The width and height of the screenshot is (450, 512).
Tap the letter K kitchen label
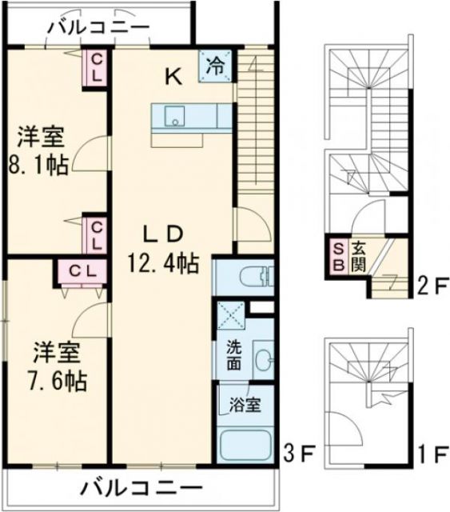[x=173, y=77]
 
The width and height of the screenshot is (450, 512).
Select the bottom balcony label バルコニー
[x=141, y=486]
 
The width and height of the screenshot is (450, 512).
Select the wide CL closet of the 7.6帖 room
[x=78, y=270]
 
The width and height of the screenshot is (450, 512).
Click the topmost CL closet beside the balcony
[x=95, y=67]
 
